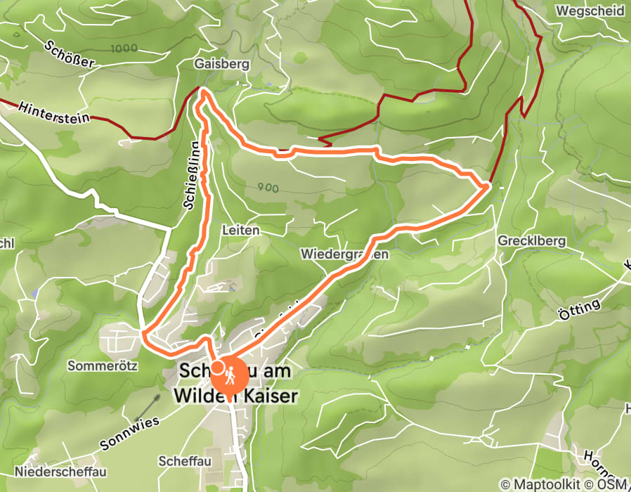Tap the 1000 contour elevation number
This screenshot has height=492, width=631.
[124, 48]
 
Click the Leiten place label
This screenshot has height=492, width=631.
[240, 231]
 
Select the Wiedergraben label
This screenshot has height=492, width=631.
[344, 254]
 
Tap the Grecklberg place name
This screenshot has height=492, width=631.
[532, 241]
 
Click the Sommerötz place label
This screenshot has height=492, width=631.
[102, 366]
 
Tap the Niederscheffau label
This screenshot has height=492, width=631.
[53, 471]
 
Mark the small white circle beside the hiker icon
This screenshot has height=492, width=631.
[218, 367]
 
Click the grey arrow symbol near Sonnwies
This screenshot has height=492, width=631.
[148, 406]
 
